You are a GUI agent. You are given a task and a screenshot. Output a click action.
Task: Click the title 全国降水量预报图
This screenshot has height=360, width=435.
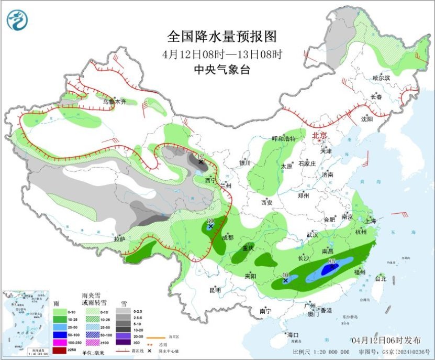pyautogui.click(x=221, y=37)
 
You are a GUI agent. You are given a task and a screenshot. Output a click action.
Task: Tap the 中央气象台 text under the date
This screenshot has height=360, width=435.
pyautogui.click(x=221, y=70)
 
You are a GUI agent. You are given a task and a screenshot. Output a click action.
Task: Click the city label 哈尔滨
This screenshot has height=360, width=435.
pyautogui.click(x=381, y=78)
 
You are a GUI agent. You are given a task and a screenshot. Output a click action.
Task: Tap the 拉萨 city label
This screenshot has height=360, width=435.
pyautogui.click(x=119, y=239)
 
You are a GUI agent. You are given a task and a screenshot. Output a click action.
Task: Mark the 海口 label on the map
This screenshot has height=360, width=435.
pyautogui.click(x=292, y=335)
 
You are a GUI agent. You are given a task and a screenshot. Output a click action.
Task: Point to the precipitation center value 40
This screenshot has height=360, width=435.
pyautogui.click(x=286, y=275)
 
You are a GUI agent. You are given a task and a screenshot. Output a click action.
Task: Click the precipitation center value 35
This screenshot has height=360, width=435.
pyautogui.click(x=331, y=261)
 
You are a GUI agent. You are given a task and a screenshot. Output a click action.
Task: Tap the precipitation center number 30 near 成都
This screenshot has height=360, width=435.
pyautogui.click(x=211, y=221)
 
